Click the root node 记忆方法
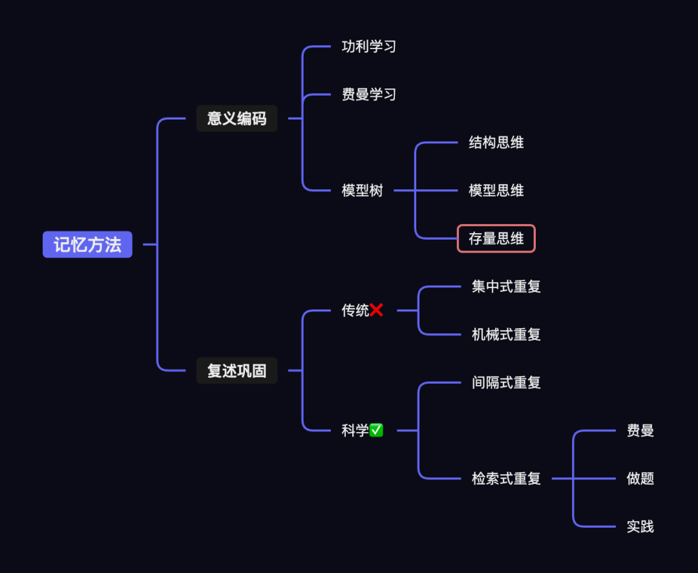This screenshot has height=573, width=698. [x=87, y=245]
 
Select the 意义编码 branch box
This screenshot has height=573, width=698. [x=237, y=119]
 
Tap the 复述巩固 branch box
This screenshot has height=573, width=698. [x=237, y=371]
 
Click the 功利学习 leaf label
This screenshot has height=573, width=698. [x=368, y=47]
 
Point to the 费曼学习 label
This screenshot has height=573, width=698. [x=368, y=94]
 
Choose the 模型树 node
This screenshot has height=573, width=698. [x=362, y=191]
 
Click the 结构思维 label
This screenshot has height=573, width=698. [x=496, y=143]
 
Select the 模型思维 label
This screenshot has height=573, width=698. [x=496, y=191]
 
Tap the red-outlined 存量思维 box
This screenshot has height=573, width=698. [x=496, y=238]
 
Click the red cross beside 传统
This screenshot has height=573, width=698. [x=377, y=311]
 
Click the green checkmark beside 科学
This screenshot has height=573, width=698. [x=376, y=430]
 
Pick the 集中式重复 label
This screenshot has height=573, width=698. [x=506, y=287]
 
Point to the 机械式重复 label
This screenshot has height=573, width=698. [x=506, y=335]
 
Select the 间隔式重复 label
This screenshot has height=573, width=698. [x=506, y=382]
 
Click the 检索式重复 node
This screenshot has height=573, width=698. [x=506, y=479]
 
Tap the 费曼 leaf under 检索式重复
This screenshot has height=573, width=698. [x=640, y=431]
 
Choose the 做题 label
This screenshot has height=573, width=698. [x=640, y=479]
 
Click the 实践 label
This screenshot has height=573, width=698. [x=640, y=526]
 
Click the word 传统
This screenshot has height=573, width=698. [x=355, y=311]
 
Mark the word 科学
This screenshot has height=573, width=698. [x=355, y=430]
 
